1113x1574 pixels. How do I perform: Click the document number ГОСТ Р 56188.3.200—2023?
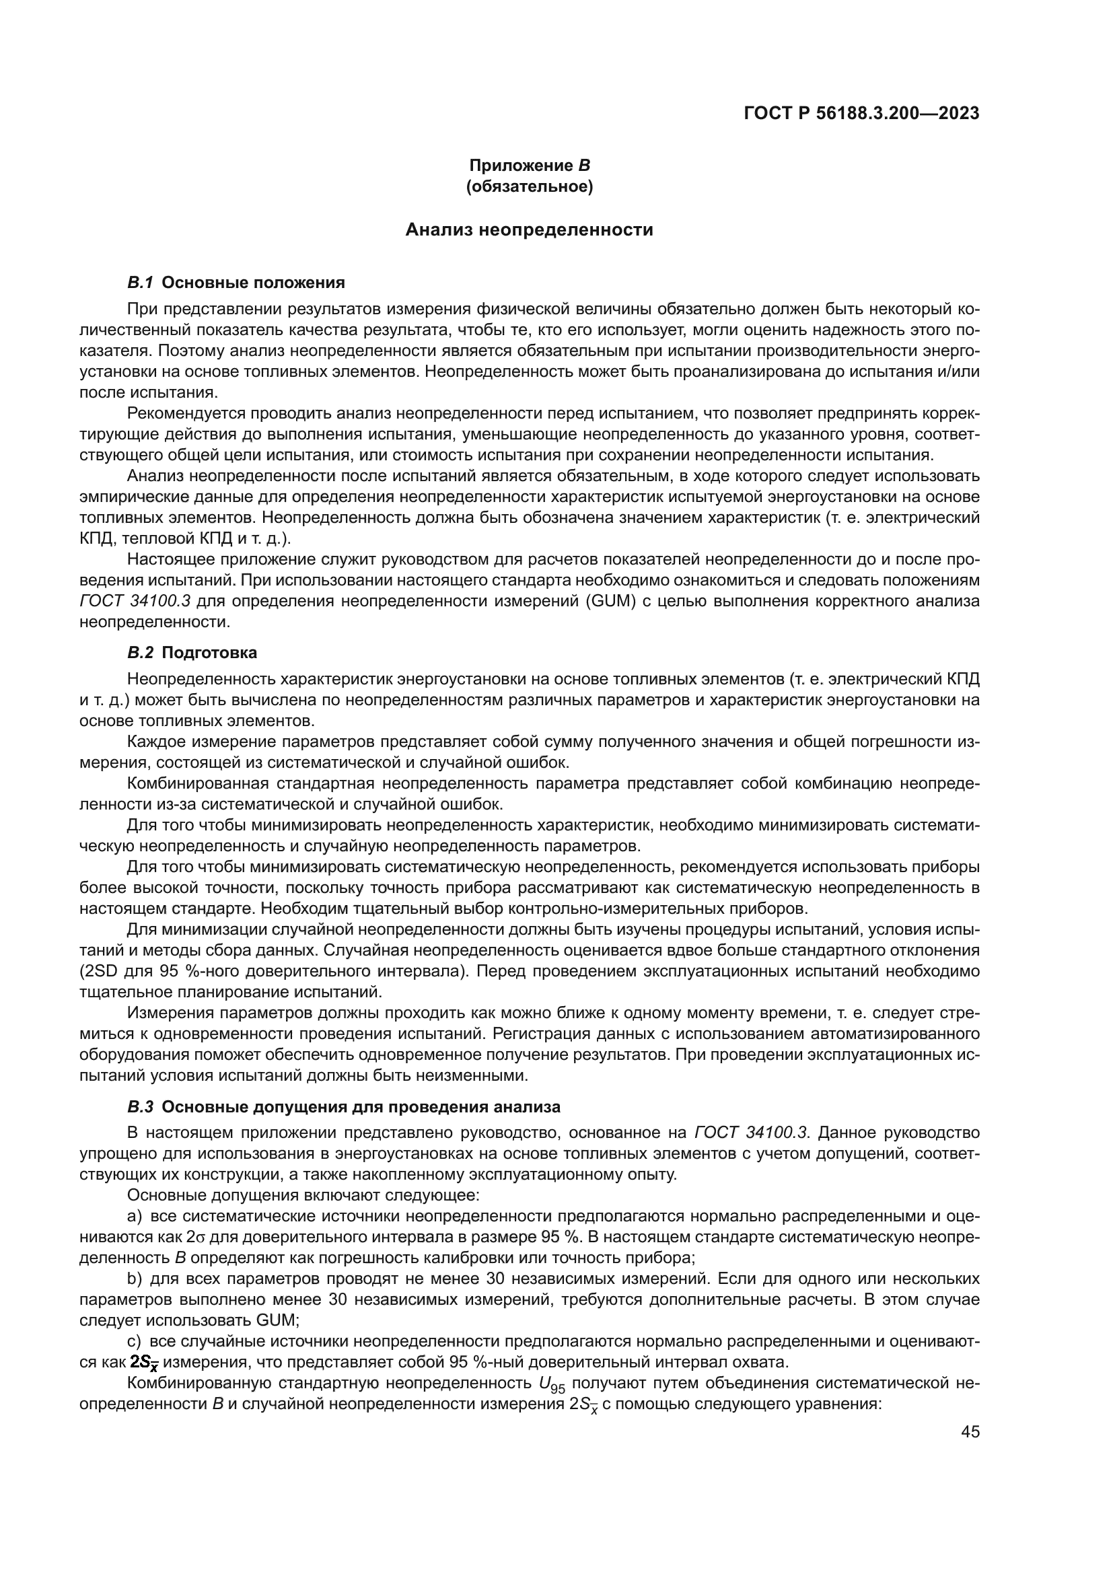(861, 113)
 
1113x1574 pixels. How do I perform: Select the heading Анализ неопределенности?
(529, 229)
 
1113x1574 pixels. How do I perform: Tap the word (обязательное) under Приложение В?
(529, 186)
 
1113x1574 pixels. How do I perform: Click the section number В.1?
(141, 283)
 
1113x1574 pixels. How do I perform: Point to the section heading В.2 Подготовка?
(192, 652)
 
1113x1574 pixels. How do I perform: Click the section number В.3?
(141, 1106)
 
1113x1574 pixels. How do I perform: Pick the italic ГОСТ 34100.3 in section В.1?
(135, 601)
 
